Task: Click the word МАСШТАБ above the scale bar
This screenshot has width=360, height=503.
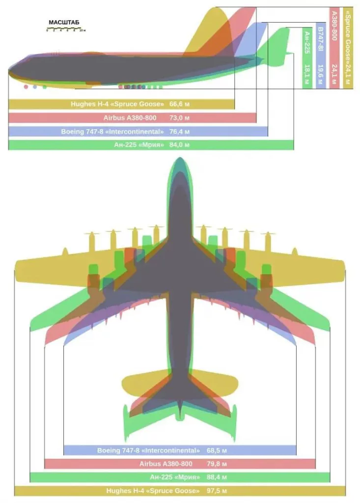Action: click(x=64, y=23)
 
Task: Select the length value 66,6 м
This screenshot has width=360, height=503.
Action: click(x=179, y=104)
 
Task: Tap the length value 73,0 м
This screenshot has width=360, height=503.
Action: click(x=179, y=118)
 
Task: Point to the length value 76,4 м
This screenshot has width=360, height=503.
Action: click(x=179, y=132)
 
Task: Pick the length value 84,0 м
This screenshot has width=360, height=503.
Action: click(x=179, y=145)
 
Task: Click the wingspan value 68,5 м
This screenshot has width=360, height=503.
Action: click(x=217, y=450)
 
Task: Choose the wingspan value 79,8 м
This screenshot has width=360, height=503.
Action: click(x=217, y=464)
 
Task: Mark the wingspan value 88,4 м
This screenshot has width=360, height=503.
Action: click(x=217, y=477)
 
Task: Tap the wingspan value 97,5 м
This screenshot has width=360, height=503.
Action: click(x=217, y=491)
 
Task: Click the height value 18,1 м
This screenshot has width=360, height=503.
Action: click(x=307, y=76)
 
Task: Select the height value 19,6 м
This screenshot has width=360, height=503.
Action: click(x=321, y=76)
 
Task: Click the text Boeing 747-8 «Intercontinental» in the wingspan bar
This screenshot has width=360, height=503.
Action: click(x=148, y=450)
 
